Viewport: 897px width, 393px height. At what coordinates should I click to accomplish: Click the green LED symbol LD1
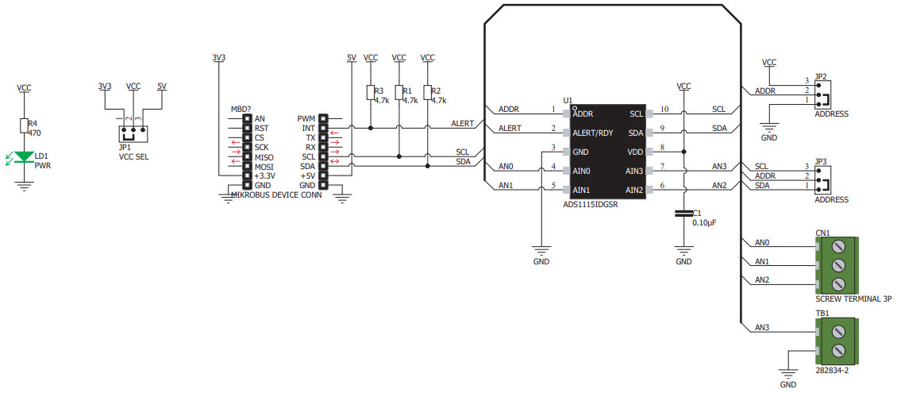click(x=24, y=156)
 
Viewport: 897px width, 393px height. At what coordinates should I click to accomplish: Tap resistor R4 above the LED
click(x=24, y=126)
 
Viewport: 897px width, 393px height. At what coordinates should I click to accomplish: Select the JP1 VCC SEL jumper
click(x=133, y=134)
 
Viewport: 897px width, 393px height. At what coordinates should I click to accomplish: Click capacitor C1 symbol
click(x=683, y=214)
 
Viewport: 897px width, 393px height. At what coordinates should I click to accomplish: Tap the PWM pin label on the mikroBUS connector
click(x=306, y=118)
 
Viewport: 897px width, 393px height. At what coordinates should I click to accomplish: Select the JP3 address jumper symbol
click(x=823, y=179)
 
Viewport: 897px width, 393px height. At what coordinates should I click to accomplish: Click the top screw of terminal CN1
click(x=838, y=247)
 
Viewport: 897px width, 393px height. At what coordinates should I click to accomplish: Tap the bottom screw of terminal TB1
click(x=838, y=349)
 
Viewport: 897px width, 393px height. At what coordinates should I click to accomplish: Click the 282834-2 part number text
click(x=833, y=371)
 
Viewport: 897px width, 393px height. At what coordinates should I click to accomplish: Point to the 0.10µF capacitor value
click(x=705, y=223)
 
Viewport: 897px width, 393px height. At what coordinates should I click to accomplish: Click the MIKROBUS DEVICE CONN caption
click(x=275, y=195)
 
